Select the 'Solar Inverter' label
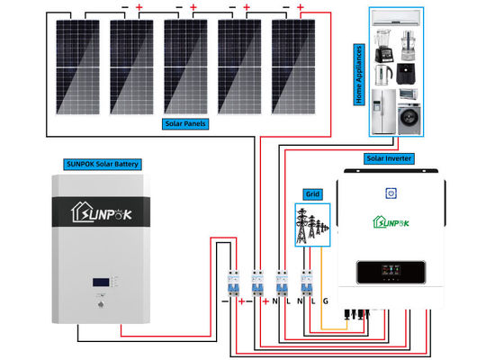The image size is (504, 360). (389, 158)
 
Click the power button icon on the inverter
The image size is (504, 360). (392, 193)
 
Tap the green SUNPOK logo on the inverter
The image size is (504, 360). (392, 221)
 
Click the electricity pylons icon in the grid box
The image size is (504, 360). (310, 224)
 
